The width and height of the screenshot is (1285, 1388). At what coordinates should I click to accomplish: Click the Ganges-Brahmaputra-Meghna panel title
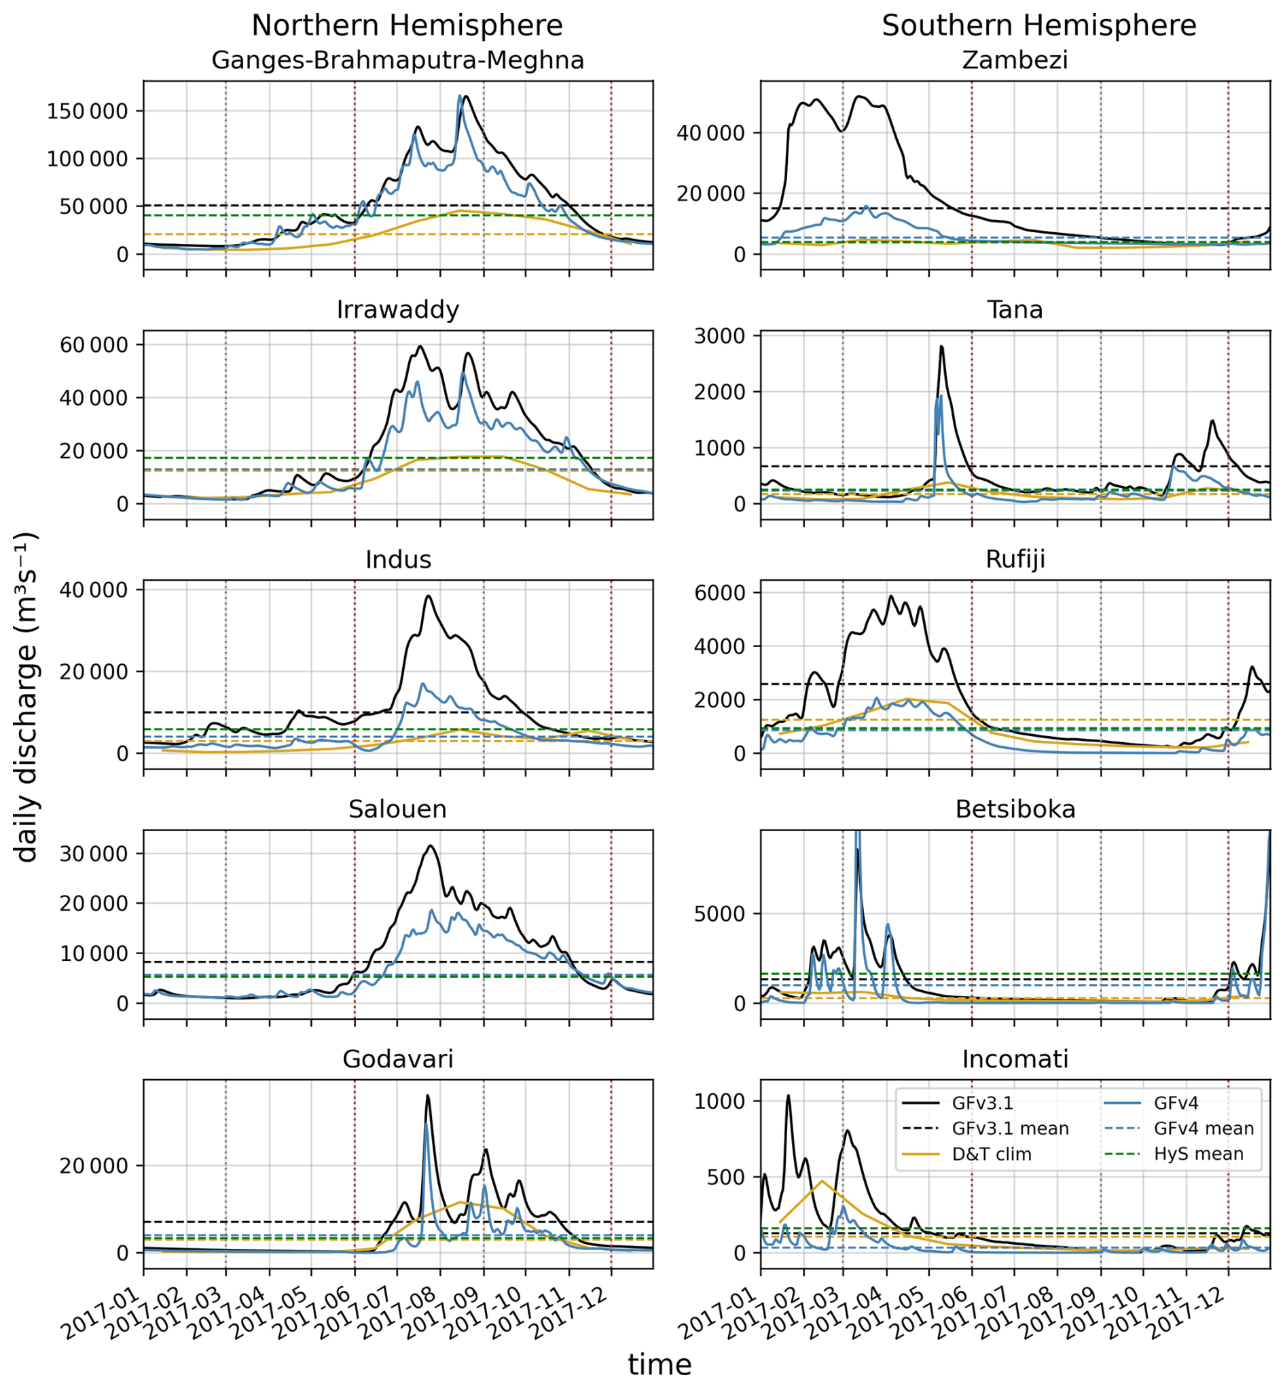[398, 60]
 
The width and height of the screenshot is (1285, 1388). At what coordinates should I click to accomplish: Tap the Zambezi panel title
[1015, 60]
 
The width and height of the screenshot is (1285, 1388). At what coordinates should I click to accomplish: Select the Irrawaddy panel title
[398, 310]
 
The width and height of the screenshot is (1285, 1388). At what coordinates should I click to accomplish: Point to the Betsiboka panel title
[1015, 809]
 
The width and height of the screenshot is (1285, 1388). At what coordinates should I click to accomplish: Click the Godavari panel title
[398, 1059]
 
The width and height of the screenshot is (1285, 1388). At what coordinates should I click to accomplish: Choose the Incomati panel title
[1015, 1059]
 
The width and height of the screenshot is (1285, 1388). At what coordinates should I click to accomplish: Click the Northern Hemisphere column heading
[407, 26]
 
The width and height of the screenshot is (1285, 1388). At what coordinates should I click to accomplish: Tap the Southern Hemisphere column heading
[1039, 26]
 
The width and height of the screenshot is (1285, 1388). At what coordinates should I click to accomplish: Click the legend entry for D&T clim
[991, 1154]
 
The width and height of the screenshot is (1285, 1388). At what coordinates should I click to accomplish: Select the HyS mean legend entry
[1198, 1154]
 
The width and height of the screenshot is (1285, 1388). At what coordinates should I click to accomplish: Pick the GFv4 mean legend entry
[1203, 1129]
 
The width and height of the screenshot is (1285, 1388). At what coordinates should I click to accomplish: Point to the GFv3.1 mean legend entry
[1010, 1129]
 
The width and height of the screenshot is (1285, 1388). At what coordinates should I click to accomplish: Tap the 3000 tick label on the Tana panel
[719, 336]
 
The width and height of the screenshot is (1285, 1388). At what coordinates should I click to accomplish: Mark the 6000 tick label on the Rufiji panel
[719, 593]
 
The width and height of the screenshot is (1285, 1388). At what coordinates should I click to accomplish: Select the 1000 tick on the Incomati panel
[719, 1102]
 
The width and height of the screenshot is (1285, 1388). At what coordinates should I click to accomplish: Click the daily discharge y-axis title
[26, 698]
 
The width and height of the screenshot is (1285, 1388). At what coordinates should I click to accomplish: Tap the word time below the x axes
[660, 1365]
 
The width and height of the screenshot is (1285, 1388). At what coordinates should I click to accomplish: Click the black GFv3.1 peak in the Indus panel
[429, 596]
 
